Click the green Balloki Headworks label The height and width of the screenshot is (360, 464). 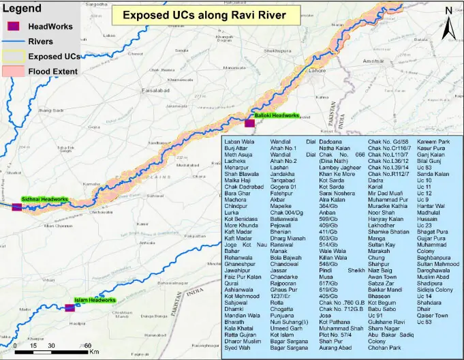tap(277, 116)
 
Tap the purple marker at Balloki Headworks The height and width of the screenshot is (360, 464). tap(249, 123)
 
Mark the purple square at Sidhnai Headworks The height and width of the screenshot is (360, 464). tap(16, 207)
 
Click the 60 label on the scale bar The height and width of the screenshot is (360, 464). tap(88, 346)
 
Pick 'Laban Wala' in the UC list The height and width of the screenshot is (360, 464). tap(239, 142)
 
